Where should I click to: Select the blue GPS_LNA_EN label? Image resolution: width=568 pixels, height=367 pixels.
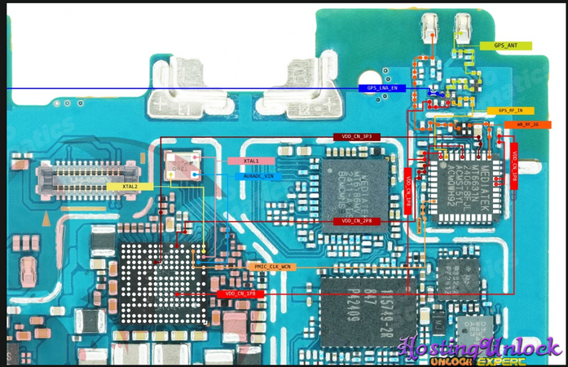coord(382,88)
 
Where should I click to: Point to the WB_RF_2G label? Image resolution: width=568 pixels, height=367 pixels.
coord(533,124)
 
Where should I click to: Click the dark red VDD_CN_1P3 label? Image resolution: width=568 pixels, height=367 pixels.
coord(356,137)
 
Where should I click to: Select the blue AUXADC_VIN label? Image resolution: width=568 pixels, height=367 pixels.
coord(258,175)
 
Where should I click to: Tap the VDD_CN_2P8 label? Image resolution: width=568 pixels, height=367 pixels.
coord(357,221)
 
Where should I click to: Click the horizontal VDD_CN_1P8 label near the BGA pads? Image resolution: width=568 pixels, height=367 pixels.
coord(240,293)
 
